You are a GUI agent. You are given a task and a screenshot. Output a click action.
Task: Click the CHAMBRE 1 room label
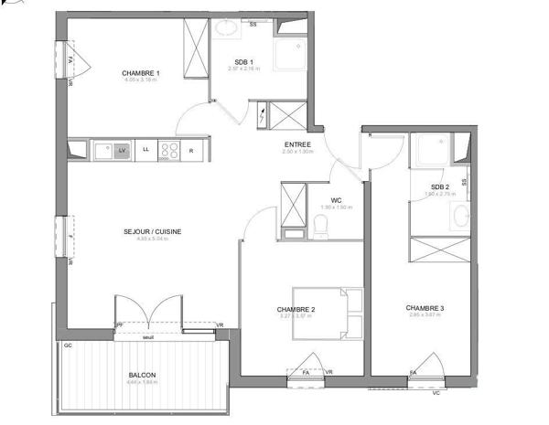click(141, 73)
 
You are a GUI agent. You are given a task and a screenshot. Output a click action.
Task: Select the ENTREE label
click(297, 144)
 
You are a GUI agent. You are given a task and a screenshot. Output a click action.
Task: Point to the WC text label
click(337, 200)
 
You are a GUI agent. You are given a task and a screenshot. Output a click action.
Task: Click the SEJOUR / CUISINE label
click(152, 231)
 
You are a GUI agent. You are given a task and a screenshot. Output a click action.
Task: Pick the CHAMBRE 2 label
click(296, 310)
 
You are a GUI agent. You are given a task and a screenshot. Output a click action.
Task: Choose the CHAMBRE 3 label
click(425, 308)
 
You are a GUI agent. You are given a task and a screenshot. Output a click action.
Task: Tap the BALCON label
click(142, 376)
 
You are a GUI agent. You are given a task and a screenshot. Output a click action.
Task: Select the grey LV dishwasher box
click(122, 150)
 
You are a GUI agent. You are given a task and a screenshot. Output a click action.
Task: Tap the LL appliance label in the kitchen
click(145, 150)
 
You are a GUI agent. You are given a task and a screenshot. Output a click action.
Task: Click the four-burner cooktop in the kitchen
click(169, 150)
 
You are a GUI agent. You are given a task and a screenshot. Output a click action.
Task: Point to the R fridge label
click(191, 150)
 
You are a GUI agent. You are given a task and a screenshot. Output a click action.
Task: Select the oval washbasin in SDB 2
click(463, 217)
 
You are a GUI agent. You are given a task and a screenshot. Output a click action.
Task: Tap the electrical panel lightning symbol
click(264, 116)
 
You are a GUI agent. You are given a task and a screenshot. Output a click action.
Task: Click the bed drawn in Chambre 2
click(328, 312)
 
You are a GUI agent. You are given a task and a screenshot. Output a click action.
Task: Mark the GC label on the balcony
click(68, 345)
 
